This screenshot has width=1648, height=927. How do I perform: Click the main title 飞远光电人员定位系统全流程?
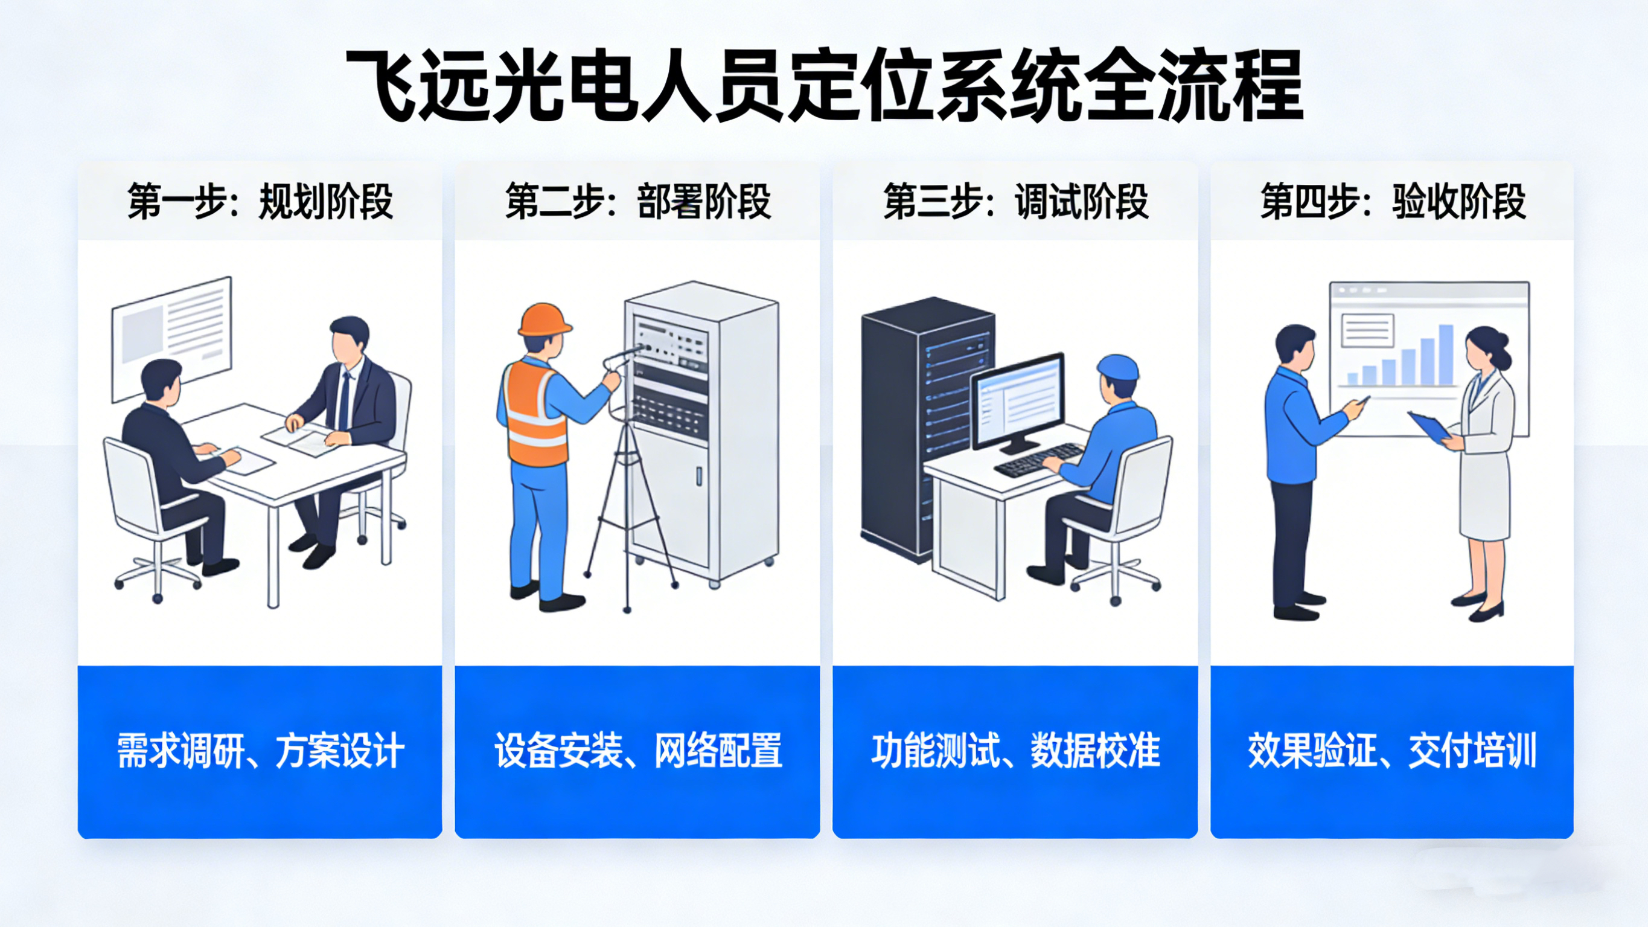[x=824, y=86]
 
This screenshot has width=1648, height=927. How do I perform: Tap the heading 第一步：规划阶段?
[x=260, y=201]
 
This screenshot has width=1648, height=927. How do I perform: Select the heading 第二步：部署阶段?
[x=638, y=201]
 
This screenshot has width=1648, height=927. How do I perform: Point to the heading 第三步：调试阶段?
[x=1015, y=201]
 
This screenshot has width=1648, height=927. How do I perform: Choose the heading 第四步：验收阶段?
[x=1393, y=201]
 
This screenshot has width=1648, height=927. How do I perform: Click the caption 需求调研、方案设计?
[x=260, y=750]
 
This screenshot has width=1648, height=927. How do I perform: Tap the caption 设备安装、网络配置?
[x=638, y=750]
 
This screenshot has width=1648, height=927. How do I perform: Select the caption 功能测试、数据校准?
[x=1015, y=750]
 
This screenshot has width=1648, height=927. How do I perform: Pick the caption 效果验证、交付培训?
[x=1392, y=750]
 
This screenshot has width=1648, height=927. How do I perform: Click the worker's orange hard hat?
[x=545, y=319]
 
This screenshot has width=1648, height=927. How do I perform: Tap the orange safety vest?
[x=535, y=414]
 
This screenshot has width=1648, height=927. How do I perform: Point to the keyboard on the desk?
[x=1036, y=460]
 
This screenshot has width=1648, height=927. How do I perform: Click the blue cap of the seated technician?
[x=1117, y=368]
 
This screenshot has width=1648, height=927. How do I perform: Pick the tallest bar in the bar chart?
[x=1446, y=354]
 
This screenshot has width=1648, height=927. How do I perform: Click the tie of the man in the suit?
[x=344, y=401]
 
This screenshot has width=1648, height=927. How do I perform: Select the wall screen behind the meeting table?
[x=171, y=339]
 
